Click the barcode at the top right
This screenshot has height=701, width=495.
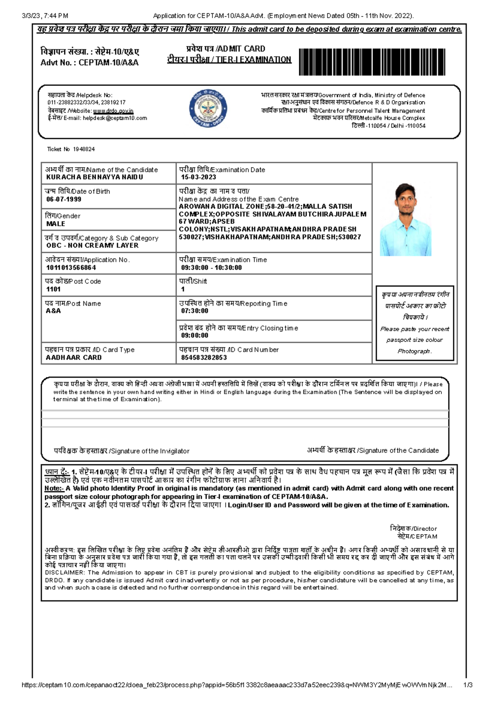(372, 62)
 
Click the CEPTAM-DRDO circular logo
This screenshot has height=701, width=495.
(208, 108)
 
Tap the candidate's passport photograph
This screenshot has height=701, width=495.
(405, 220)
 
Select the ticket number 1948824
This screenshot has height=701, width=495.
(84, 149)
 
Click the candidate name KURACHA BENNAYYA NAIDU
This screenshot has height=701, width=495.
(94, 177)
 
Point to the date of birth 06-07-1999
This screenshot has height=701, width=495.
(64, 199)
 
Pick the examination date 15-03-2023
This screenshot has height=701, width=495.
(198, 177)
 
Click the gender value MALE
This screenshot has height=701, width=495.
(56, 224)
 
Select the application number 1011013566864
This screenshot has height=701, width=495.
(71, 268)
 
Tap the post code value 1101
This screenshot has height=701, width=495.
(53, 289)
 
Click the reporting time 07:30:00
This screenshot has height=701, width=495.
(194, 311)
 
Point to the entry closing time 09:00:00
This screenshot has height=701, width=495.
(194, 336)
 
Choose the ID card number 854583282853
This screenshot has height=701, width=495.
(204, 358)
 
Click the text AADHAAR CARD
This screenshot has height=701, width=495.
(74, 358)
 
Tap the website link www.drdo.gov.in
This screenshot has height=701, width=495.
(113, 111)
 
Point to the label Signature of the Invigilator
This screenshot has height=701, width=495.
(150, 451)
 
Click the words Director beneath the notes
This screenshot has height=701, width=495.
(425, 528)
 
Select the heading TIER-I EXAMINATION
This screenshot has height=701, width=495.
(253, 60)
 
